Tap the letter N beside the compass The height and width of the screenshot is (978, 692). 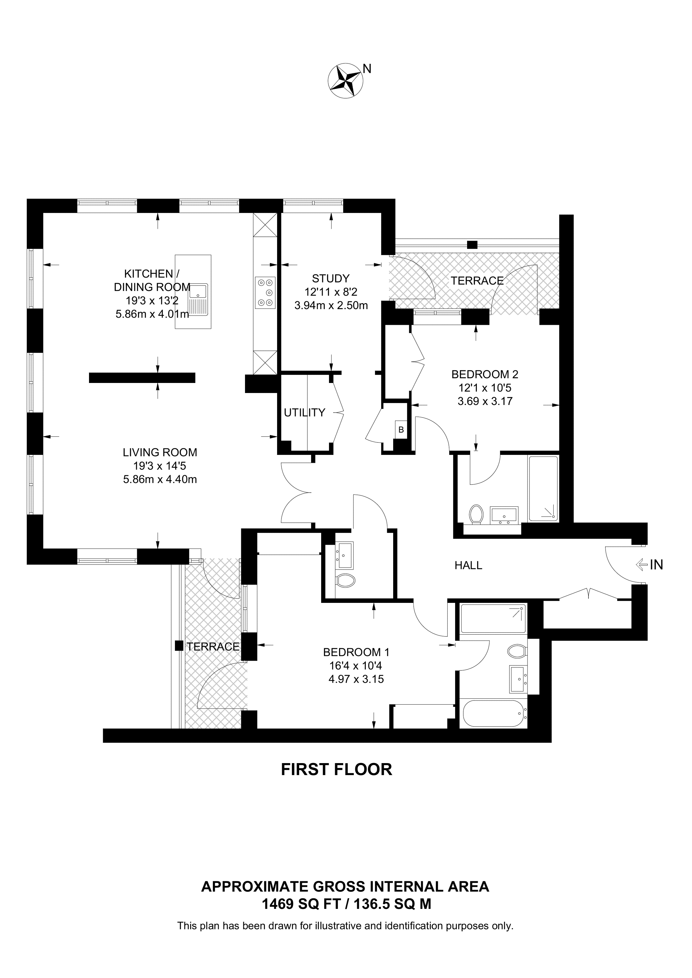coord(367,68)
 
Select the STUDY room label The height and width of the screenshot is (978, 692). coord(331,279)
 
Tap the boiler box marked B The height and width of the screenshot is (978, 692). coord(401,430)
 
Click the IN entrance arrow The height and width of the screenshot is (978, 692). coord(641,565)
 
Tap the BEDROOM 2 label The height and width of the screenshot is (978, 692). coord(485,374)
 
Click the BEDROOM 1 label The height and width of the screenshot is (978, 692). coord(356,652)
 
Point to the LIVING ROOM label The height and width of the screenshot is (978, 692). coord(160,452)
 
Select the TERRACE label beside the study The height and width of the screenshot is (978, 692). coord(477,281)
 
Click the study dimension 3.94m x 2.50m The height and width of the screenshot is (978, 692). coord(331,305)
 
